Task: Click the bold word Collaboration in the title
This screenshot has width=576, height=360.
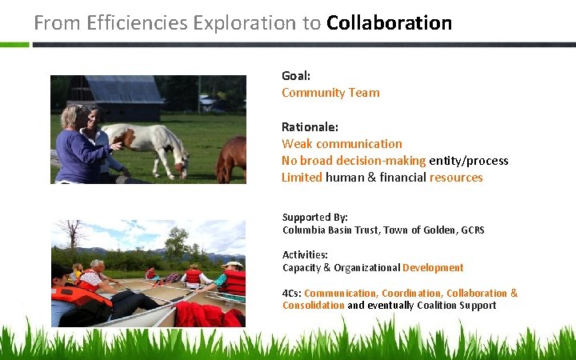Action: (389, 22)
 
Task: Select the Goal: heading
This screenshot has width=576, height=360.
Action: (296, 75)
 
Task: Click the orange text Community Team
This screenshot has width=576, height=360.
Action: (330, 92)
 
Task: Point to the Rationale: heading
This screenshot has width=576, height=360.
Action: (310, 126)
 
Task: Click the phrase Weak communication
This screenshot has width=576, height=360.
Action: (342, 143)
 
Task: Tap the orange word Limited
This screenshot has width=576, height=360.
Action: (302, 177)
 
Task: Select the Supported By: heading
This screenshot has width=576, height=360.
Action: (314, 217)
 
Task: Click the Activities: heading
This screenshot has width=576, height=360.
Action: (305, 254)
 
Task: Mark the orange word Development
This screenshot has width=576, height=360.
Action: (433, 268)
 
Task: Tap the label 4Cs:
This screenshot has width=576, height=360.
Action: (291, 293)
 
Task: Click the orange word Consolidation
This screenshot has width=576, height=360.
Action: (313, 306)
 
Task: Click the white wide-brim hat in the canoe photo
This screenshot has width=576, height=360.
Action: (232, 264)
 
